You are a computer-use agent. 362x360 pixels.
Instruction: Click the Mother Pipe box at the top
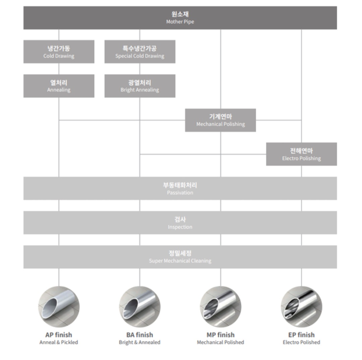(180, 18)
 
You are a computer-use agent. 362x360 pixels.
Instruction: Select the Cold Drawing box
(59, 52)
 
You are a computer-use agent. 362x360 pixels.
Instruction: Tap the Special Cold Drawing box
(140, 52)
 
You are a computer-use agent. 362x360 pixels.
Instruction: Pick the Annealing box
(59, 86)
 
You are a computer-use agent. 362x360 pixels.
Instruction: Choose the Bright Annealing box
(140, 86)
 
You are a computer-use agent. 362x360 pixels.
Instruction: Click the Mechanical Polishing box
(221, 120)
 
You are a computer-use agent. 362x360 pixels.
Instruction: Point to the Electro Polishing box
(301, 154)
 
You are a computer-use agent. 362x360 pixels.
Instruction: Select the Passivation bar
(180, 188)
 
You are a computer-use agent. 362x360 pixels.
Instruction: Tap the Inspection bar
(180, 222)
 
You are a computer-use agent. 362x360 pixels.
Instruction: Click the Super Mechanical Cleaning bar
(180, 257)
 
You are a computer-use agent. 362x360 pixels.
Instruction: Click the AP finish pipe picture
(59, 307)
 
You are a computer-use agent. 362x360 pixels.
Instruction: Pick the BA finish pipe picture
(140, 307)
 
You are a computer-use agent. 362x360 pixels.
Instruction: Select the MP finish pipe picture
(221, 307)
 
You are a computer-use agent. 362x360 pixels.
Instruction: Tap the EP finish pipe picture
(301, 307)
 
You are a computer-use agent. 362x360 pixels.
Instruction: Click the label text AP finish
(59, 335)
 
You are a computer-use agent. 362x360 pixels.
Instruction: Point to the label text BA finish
(140, 335)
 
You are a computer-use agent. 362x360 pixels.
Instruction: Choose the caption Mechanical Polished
(221, 343)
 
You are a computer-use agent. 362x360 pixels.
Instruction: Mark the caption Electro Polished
(301, 343)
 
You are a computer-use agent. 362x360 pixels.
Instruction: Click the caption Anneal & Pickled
(59, 343)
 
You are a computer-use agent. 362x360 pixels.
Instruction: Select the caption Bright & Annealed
(140, 343)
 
